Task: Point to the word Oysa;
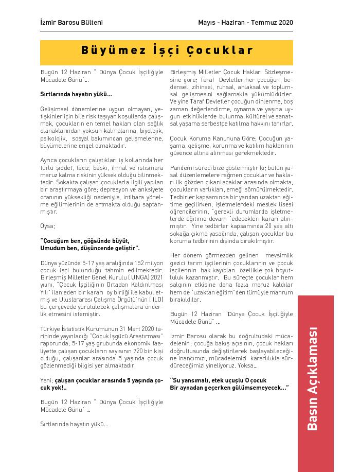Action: [47, 225]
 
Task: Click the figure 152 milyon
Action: [145, 263]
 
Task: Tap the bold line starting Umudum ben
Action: [90, 248]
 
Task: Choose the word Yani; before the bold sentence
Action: [47, 380]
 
